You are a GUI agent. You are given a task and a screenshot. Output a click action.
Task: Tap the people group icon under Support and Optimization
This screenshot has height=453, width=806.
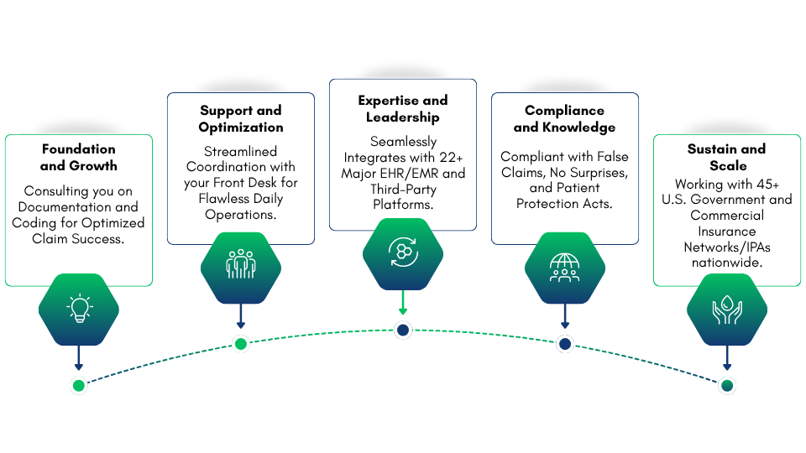[240, 263]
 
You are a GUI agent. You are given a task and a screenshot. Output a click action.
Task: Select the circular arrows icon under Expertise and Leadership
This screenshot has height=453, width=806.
[402, 251]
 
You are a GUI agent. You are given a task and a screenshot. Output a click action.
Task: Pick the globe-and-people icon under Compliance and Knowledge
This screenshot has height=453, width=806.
[564, 265]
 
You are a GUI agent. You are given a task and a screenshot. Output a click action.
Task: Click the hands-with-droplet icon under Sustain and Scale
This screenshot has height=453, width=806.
[727, 310]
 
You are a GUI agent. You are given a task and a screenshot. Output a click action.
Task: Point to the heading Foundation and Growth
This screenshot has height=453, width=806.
[78, 157]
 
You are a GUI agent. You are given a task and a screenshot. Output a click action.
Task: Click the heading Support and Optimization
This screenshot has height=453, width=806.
[240, 118]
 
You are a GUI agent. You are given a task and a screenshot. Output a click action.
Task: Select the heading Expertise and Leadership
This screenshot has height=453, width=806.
[402, 108]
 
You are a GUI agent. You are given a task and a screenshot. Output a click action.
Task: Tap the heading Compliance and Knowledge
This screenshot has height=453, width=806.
[564, 118]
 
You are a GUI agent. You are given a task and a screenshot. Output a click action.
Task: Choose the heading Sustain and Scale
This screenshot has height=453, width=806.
[727, 157]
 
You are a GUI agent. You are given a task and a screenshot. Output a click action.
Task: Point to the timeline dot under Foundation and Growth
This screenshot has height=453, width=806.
[78, 385]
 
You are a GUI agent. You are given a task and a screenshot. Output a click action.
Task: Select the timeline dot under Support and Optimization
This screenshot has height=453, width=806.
[240, 343]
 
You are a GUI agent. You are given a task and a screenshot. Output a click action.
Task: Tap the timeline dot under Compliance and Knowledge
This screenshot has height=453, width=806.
[564, 343]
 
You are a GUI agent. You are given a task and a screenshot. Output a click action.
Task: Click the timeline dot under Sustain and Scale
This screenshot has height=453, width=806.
[727, 385]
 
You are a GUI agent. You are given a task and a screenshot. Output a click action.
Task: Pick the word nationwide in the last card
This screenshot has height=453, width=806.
[727, 262]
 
